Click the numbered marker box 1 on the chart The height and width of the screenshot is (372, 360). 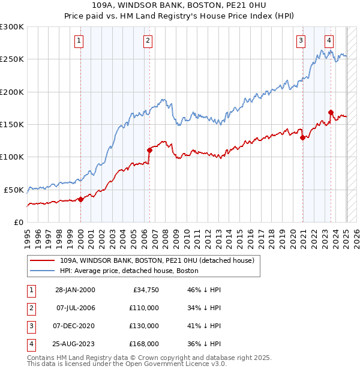[80, 41]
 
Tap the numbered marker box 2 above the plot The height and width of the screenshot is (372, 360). [148, 41]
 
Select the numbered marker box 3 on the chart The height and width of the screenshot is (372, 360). [301, 41]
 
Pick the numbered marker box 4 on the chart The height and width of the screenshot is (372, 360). [329, 41]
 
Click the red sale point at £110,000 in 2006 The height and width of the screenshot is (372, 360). [149, 150]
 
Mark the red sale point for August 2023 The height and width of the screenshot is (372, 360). [331, 112]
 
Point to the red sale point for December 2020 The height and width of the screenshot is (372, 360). [302, 137]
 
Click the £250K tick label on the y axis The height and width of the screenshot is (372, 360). [12, 59]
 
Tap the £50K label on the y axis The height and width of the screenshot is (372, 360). [14, 190]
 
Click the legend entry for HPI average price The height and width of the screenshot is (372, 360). [129, 271]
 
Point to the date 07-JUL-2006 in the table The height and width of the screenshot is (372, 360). [75, 308]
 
